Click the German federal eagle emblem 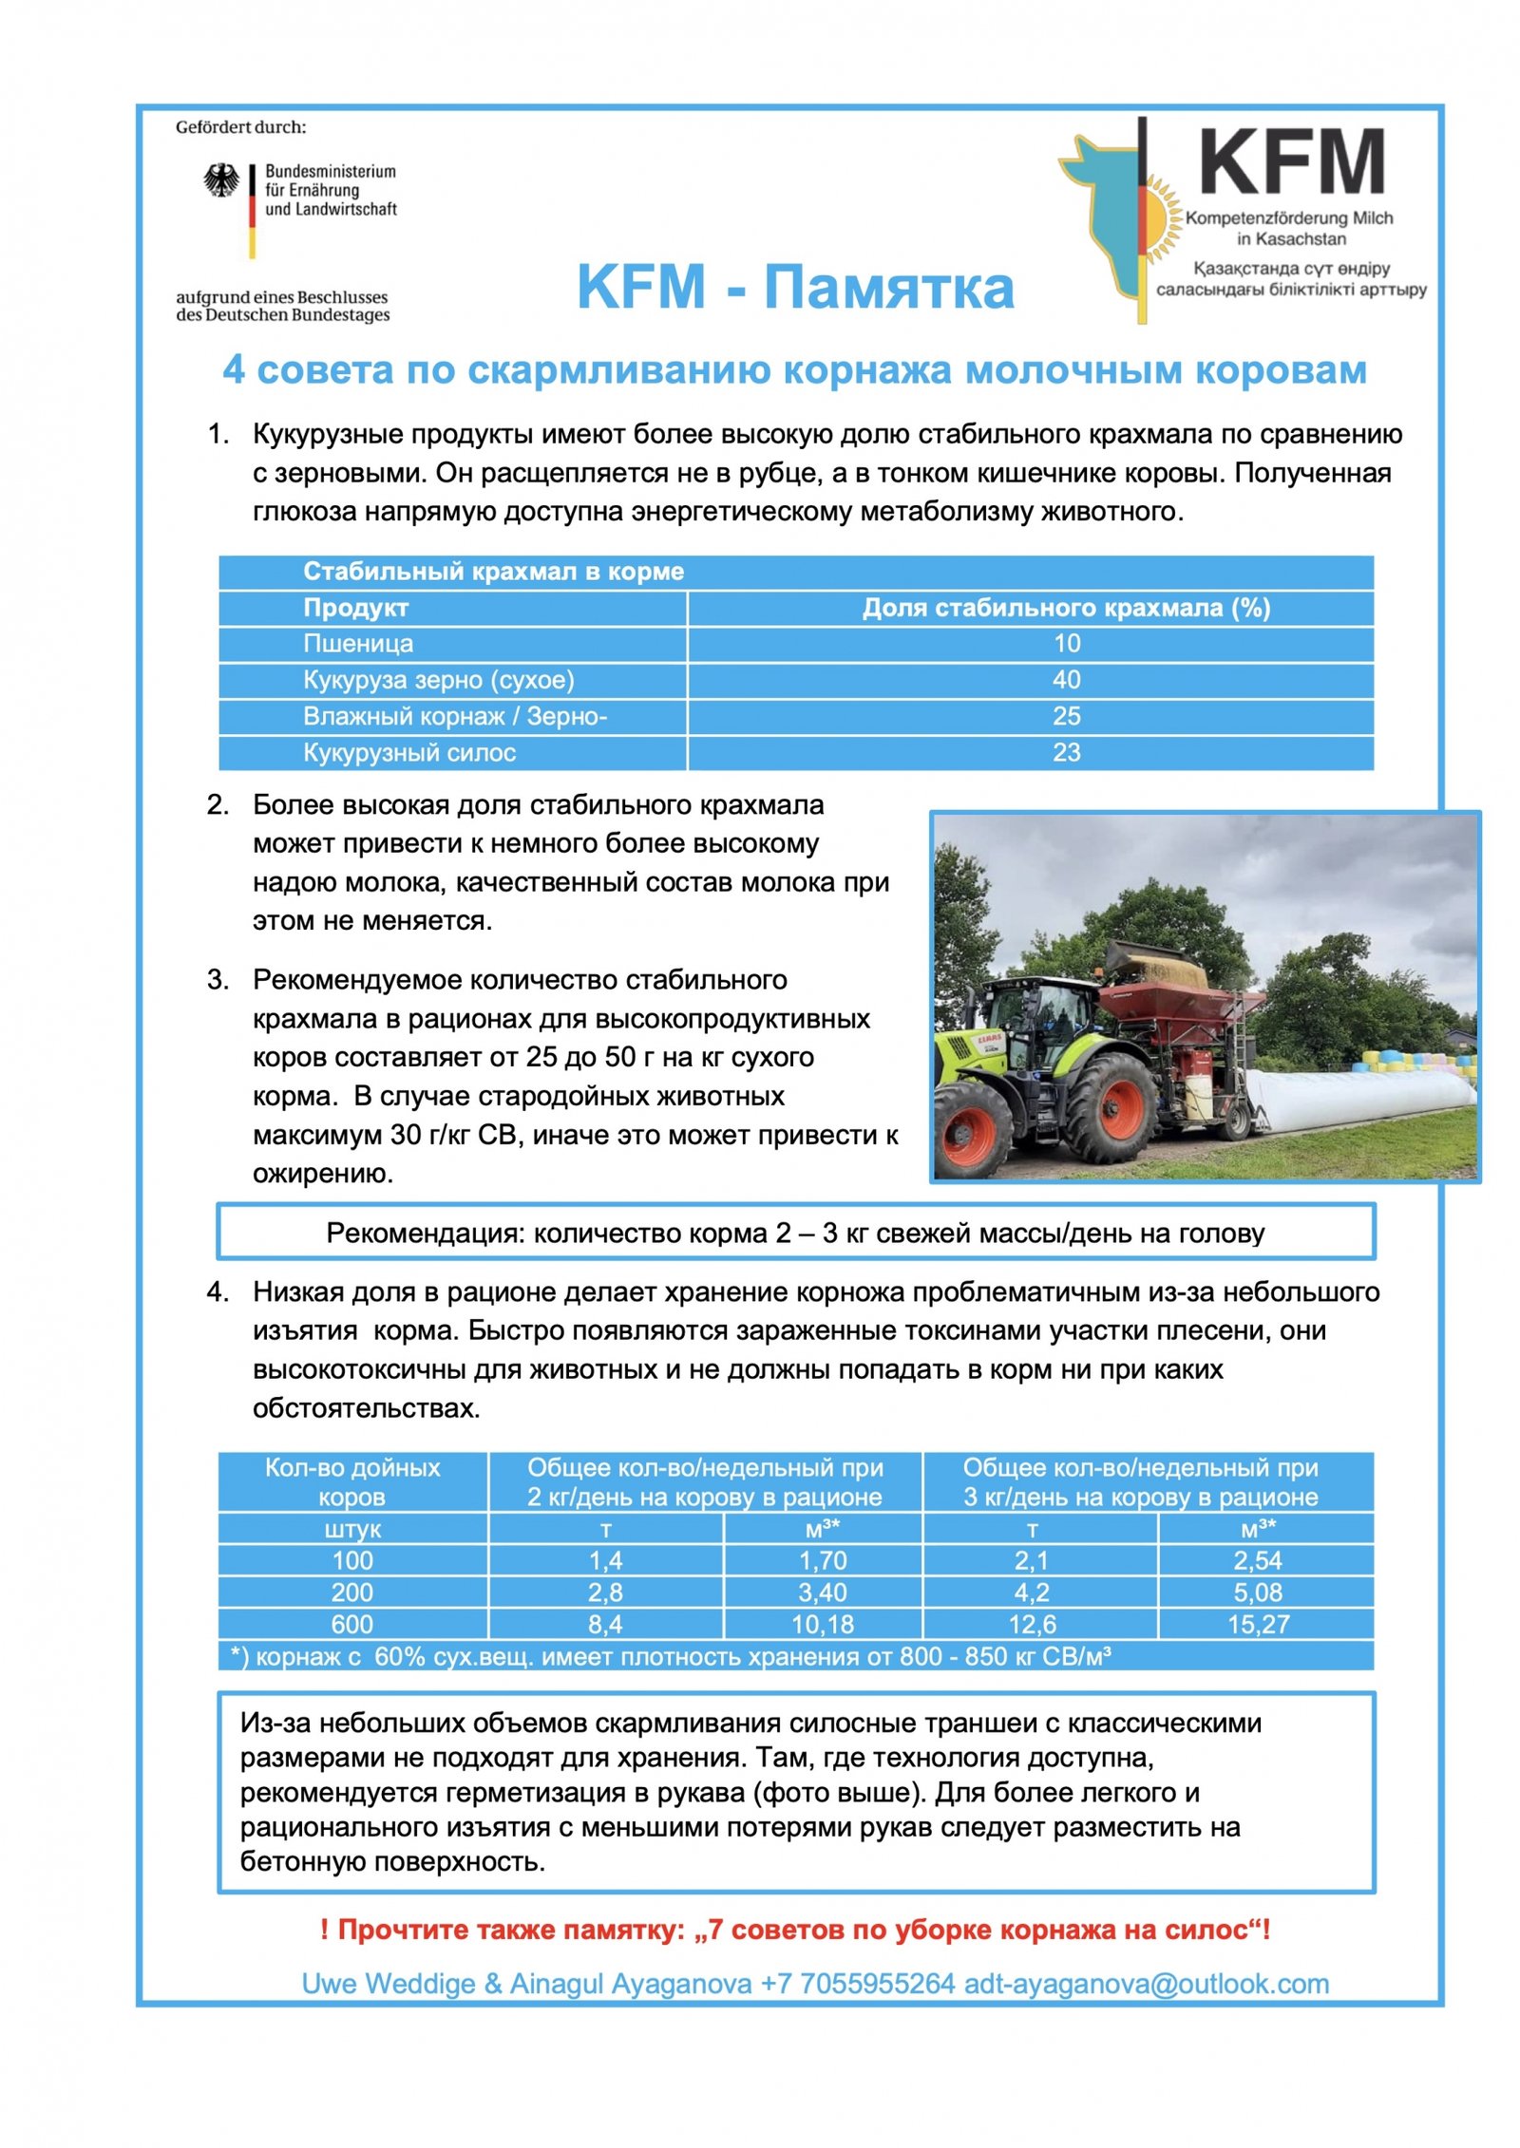click(x=221, y=180)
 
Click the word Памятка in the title click(x=889, y=287)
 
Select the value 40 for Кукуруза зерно click(x=1066, y=680)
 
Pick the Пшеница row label click(x=358, y=644)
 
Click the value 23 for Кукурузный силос click(x=1066, y=753)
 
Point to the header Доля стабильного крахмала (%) click(x=1066, y=608)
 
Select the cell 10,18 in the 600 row click(x=823, y=1625)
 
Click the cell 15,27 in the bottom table click(x=1258, y=1625)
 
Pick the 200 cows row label click(x=351, y=1592)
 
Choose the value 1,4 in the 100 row click(x=605, y=1560)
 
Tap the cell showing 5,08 click(x=1258, y=1592)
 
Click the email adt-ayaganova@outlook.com click(x=1146, y=1984)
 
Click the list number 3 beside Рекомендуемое click(x=218, y=980)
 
